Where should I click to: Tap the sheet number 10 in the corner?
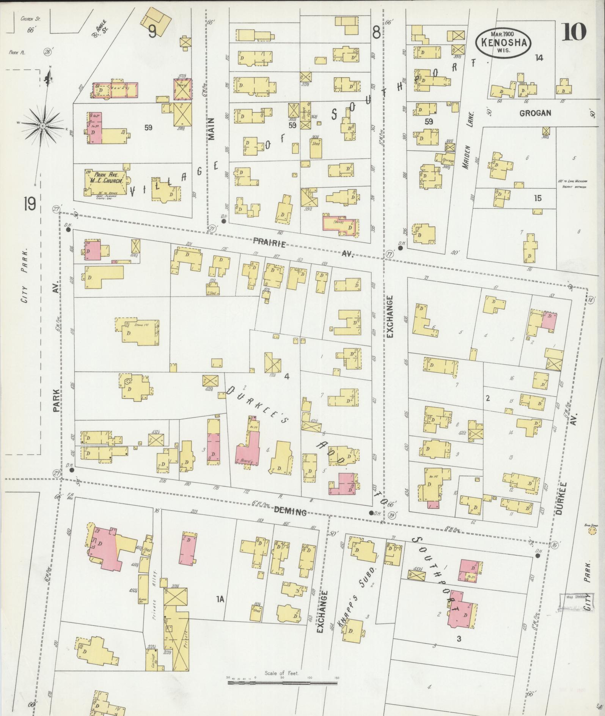pyautogui.click(x=574, y=32)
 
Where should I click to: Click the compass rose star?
pyautogui.click(x=43, y=126)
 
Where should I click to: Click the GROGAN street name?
pyautogui.click(x=535, y=113)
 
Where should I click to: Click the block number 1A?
pyautogui.click(x=220, y=599)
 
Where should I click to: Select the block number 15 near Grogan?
pyautogui.click(x=537, y=198)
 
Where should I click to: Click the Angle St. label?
pyautogui.click(x=99, y=28)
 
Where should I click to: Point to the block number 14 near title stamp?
pyautogui.click(x=539, y=58)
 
